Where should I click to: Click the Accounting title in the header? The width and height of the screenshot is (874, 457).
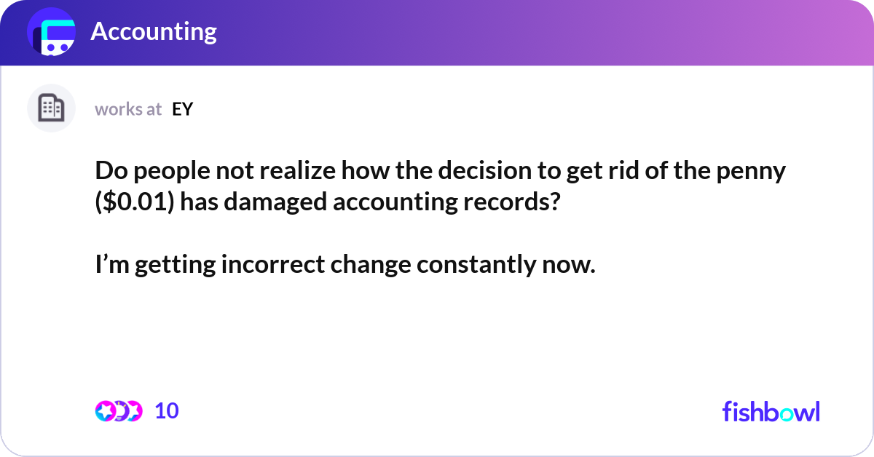point(154,31)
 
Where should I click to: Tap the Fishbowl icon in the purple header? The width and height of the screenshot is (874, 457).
point(51,33)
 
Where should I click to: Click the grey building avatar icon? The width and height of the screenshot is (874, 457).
point(51,108)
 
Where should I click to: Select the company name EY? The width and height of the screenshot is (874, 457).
point(182,109)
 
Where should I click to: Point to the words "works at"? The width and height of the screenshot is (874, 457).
point(128,109)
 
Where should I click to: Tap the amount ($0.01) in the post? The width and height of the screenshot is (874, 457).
point(135,202)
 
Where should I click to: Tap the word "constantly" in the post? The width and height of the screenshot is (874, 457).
point(475,265)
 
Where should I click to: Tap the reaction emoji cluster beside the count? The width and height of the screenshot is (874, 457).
point(118,411)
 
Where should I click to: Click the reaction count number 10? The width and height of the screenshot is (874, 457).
point(167,411)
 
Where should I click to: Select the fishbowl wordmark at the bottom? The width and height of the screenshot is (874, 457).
point(771,411)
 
